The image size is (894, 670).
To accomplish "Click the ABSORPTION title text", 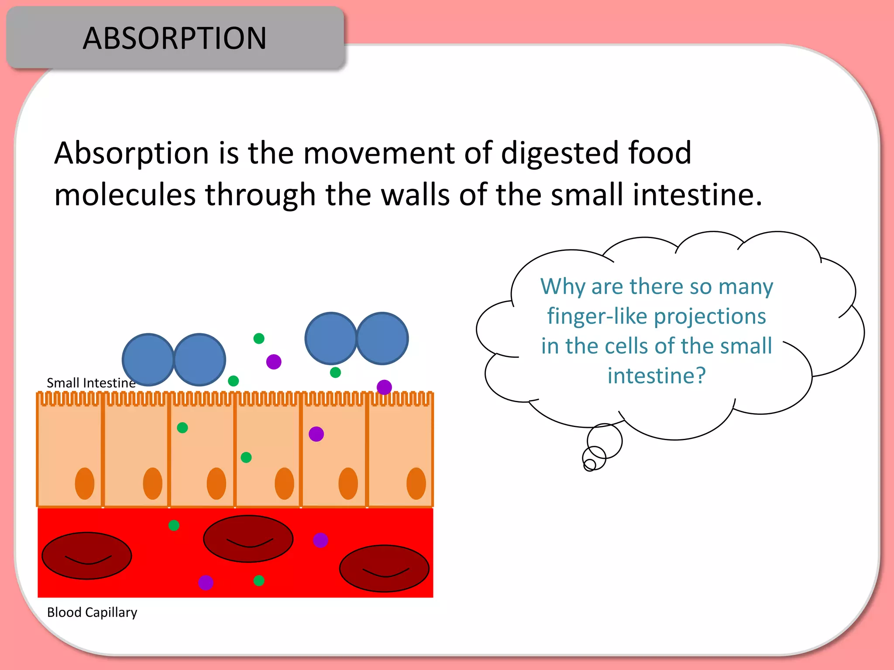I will (x=174, y=38).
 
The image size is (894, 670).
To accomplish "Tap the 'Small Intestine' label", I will (x=91, y=383).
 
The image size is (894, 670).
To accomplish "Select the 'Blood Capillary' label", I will (x=92, y=612).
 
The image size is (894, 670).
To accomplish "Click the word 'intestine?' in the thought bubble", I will (x=657, y=376).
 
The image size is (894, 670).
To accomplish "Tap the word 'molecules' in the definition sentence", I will (x=125, y=195).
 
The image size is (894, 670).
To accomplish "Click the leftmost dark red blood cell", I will (x=86, y=555).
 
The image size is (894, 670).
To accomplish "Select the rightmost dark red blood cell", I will (x=384, y=568).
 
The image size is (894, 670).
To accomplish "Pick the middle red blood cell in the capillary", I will (x=248, y=539).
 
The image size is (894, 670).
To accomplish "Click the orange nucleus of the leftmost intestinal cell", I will (x=85, y=483).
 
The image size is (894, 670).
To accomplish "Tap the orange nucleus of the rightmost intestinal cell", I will (x=416, y=483).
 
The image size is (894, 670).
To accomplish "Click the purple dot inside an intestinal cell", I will (x=316, y=434).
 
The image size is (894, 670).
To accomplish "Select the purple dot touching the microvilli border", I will (x=384, y=387).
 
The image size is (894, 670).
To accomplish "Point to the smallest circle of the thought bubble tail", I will (x=589, y=465).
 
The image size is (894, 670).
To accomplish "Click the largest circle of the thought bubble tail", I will (x=605, y=441).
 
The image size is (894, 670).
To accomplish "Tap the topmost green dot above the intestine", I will (x=259, y=338).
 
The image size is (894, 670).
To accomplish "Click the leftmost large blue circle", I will (x=148, y=360).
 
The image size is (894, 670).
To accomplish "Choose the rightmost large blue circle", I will (x=382, y=338).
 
